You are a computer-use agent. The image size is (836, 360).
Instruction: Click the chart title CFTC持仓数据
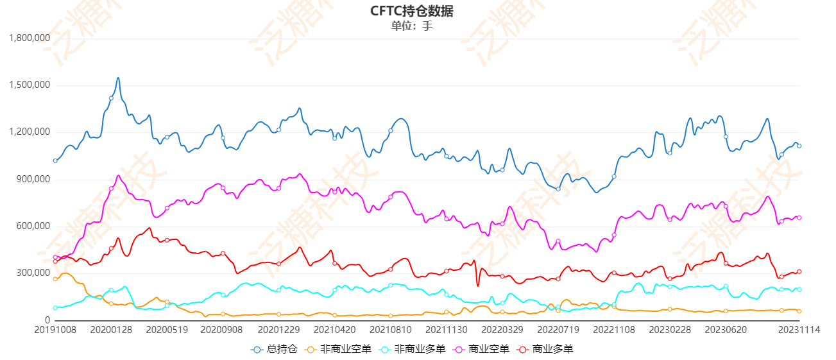[416, 12]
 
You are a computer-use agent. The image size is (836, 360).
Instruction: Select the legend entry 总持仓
[275, 349]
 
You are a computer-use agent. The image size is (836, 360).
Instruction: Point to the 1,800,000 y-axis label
[30, 38]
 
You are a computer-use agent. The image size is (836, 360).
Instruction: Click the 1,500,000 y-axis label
[30, 85]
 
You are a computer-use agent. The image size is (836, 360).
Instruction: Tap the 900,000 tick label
[33, 179]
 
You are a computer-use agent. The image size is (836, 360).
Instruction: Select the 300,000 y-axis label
[33, 273]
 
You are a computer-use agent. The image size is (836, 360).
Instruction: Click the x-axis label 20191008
[55, 329]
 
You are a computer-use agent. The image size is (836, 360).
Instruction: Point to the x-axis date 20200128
[111, 329]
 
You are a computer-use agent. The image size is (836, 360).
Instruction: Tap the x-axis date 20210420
[334, 329]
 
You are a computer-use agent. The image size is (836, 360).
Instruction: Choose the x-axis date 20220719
[558, 329]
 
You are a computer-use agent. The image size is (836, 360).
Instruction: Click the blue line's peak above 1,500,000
[118, 78]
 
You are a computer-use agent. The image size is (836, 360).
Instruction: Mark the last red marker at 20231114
[799, 271]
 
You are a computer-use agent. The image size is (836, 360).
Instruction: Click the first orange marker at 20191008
[55, 279]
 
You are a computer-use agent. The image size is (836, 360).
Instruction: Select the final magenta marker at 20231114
[799, 218]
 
